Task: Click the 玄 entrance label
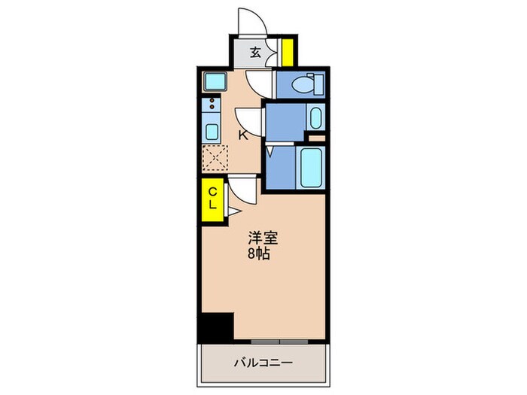tap(256, 53)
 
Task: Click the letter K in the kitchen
tap(242, 135)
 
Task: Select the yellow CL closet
tap(212, 199)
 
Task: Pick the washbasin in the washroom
tap(315, 117)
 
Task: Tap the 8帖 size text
tap(261, 254)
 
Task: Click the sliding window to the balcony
tap(279, 340)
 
